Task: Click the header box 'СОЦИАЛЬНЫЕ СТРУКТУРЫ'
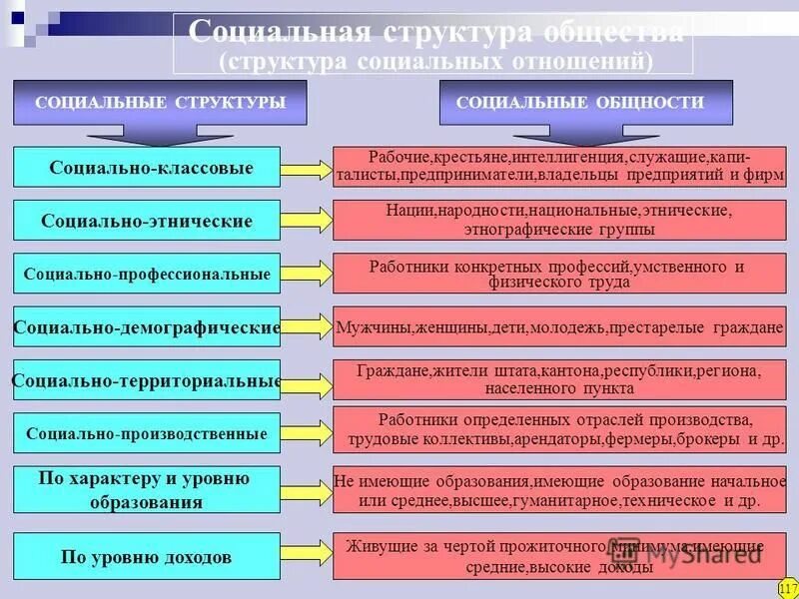click(x=160, y=102)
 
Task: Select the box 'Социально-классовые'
click(x=148, y=167)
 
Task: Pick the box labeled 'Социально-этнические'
click(x=148, y=220)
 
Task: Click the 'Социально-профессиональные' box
click(x=148, y=273)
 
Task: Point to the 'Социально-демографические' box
click(x=148, y=326)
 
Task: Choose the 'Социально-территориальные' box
click(x=148, y=380)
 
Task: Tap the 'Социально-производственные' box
click(x=148, y=433)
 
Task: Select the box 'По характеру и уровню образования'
click(x=148, y=490)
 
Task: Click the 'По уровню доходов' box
click(x=148, y=556)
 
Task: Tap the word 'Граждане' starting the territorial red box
click(x=394, y=370)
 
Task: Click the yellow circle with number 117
click(x=785, y=587)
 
